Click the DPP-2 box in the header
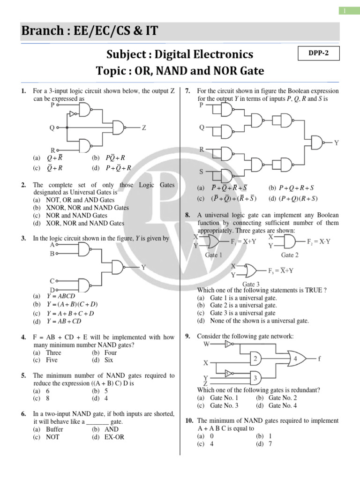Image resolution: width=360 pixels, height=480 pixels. pyautogui.click(x=318, y=53)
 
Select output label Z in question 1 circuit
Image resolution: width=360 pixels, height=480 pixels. pyautogui.click(x=144, y=127)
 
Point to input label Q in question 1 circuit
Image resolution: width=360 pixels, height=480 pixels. pyautogui.click(x=52, y=127)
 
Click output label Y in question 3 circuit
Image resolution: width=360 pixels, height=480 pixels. pyautogui.click(x=143, y=267)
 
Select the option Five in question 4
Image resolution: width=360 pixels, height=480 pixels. pyautogui.click(x=52, y=360)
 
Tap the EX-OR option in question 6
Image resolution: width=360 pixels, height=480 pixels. pyautogui.click(x=114, y=437)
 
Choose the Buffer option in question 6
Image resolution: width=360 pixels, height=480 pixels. pyautogui.click(x=54, y=429)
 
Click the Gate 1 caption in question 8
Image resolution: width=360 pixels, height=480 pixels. pyautogui.click(x=214, y=255)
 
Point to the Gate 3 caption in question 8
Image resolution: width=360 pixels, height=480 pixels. pyautogui.click(x=251, y=284)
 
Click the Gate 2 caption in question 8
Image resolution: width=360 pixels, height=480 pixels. pyautogui.click(x=290, y=255)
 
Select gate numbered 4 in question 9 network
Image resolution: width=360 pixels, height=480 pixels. pyautogui.click(x=296, y=359)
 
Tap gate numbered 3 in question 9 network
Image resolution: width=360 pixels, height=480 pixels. pyautogui.click(x=255, y=378)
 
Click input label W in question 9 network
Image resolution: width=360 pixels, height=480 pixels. pyautogui.click(x=207, y=345)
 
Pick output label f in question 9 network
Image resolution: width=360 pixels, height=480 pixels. pyautogui.click(x=319, y=359)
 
